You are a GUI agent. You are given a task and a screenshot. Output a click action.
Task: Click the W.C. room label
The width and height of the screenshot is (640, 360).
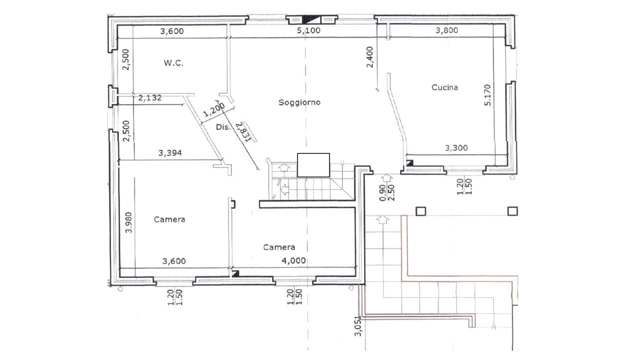point(173,63)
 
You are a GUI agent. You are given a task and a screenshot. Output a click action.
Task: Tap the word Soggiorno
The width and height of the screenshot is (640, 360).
point(299,102)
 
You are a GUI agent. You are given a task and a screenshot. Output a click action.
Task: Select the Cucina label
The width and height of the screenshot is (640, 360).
point(444,87)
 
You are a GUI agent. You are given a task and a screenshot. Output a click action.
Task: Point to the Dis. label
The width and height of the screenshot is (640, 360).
point(223,127)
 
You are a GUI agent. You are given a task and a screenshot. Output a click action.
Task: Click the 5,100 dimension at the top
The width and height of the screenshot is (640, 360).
point(308,30)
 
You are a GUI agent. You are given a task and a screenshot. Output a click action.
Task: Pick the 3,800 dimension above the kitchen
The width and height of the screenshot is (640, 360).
point(447,30)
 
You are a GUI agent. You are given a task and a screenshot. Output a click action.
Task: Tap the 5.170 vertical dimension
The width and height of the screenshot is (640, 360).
point(487,95)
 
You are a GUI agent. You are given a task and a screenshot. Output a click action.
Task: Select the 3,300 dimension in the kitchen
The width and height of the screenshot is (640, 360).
point(456,147)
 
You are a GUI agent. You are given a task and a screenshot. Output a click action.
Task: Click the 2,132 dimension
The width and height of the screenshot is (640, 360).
point(150,97)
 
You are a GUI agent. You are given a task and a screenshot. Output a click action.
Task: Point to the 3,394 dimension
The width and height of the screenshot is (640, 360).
point(170,153)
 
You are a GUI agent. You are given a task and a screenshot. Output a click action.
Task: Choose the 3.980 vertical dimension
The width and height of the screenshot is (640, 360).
point(129,222)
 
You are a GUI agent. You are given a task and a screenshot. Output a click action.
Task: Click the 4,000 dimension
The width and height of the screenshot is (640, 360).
point(293,260)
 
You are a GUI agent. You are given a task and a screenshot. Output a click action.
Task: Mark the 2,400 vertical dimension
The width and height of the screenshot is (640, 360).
point(369,57)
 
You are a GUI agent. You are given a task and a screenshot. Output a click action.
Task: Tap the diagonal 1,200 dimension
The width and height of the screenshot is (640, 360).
point(214,110)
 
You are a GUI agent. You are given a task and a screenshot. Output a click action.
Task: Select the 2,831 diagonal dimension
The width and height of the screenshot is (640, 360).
point(246,131)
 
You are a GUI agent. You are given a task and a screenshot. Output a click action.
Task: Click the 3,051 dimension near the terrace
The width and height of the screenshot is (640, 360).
point(358,326)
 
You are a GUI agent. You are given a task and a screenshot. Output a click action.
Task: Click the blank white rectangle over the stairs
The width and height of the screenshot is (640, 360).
point(313,165)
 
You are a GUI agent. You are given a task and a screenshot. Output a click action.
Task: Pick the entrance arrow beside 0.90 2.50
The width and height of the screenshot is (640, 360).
point(387,179)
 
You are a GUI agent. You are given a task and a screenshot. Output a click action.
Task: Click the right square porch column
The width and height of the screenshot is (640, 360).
point(512,211)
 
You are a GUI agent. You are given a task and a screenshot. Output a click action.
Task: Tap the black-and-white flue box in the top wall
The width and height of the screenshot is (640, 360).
point(311,19)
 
